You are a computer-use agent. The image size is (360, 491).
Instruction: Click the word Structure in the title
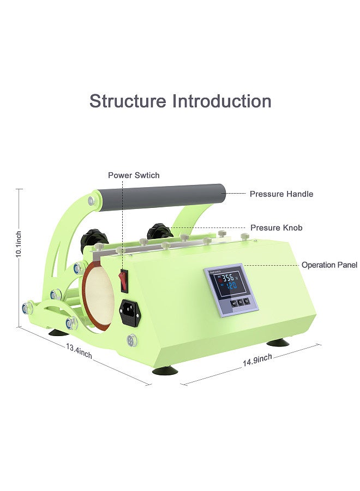128,101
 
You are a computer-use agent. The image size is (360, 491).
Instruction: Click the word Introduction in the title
222,101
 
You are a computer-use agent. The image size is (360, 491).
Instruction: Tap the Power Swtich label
134,175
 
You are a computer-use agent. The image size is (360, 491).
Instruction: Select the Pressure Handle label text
281,194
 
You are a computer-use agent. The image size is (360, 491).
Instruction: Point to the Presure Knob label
277,227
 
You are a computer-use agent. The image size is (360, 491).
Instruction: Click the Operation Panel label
329,265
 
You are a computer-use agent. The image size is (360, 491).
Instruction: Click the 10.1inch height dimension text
19,244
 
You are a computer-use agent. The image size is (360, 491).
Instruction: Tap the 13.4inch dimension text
79,351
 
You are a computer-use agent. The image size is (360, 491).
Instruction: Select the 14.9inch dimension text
257,360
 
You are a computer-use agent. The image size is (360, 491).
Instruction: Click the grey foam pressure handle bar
161,197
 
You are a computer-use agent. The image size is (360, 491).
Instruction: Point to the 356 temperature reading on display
227,278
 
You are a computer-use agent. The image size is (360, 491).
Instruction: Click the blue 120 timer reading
231,285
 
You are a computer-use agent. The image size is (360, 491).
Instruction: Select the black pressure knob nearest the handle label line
159,231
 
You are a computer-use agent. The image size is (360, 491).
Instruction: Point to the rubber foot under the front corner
165,371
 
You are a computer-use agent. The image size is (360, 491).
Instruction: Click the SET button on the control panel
234,303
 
